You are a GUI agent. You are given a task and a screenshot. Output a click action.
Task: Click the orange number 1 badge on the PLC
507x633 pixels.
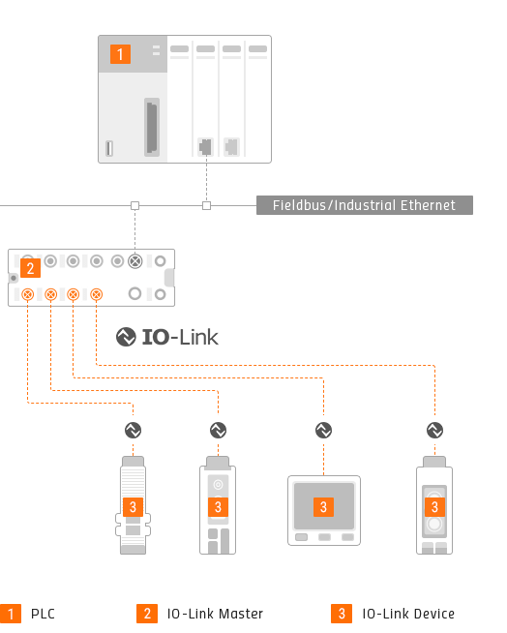pos(120,54)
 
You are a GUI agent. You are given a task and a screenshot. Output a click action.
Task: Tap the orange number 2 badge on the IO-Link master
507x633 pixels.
pos(30,268)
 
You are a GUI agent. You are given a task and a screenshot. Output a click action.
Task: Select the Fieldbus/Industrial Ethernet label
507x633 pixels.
pos(364,205)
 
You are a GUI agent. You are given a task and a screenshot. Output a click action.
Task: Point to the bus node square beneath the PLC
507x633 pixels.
pos(206,206)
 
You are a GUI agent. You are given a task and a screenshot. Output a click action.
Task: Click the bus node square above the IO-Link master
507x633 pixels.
pos(134,206)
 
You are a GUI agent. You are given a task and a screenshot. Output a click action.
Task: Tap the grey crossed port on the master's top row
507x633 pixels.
pos(135,261)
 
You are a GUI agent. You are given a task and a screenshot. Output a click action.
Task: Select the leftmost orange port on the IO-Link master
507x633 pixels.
pos(27,294)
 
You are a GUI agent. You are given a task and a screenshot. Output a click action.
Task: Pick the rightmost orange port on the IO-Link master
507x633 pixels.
pos(96,294)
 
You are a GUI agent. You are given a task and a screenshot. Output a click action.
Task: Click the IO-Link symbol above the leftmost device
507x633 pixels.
pos(133,430)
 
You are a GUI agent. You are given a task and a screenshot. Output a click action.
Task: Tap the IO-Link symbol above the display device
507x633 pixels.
pos(323,430)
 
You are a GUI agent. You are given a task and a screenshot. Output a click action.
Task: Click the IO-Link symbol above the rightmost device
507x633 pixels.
pos(434,430)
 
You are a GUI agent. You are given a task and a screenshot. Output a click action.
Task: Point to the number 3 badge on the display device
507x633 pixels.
pos(323,507)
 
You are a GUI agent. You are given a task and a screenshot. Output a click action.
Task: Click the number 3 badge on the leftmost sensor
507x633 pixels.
pos(133,507)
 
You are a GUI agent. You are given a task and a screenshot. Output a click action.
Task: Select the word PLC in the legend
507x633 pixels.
pos(43,614)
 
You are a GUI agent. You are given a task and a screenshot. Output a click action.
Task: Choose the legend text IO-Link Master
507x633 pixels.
pos(215,614)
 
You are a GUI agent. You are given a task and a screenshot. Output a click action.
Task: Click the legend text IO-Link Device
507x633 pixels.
pos(408,614)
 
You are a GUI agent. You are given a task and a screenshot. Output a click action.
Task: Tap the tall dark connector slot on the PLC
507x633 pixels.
pos(152,127)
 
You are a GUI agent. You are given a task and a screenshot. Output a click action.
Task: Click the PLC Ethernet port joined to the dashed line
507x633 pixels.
pos(205,147)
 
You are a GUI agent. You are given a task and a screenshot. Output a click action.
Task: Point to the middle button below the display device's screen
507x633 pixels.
pos(324,537)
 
